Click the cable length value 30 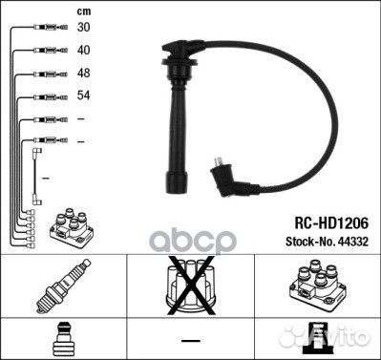pyautogui.click(x=83, y=28)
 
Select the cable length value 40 pyautogui.click(x=83, y=50)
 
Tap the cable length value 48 pyautogui.click(x=83, y=73)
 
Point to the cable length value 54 pyautogui.click(x=83, y=95)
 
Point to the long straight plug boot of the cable pyautogui.click(x=180, y=144)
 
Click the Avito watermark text pyautogui.click(x=348, y=339)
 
